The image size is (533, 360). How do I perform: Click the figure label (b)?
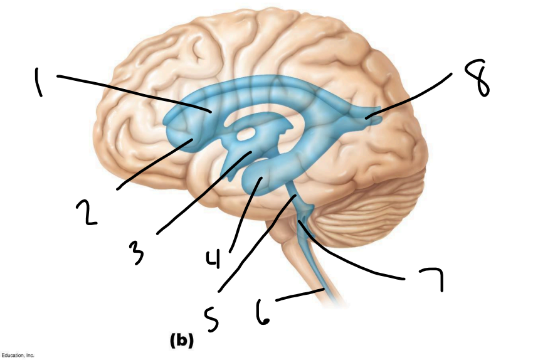(x=181, y=341)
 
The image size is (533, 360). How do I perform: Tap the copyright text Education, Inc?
(x=18, y=355)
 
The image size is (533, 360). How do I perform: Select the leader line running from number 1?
(x=132, y=92)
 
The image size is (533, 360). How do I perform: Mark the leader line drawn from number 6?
(x=300, y=294)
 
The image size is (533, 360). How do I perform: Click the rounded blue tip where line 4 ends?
(x=259, y=180)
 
